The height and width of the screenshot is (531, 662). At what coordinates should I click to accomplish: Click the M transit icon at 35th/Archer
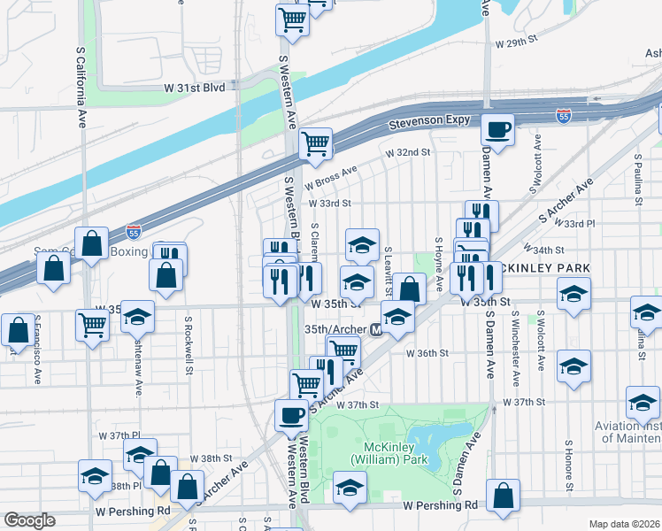click(376, 329)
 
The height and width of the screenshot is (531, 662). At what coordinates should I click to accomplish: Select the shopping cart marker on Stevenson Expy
click(315, 143)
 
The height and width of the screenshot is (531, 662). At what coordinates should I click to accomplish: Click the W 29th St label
click(517, 42)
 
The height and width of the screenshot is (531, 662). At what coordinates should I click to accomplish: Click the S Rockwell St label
click(189, 345)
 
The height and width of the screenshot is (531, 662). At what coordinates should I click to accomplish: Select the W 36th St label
click(428, 352)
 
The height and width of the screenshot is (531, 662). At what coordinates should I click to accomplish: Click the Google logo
click(29, 520)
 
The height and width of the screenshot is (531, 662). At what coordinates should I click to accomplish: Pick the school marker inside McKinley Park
click(350, 488)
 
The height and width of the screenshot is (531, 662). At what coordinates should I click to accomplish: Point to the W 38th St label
click(215, 458)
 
